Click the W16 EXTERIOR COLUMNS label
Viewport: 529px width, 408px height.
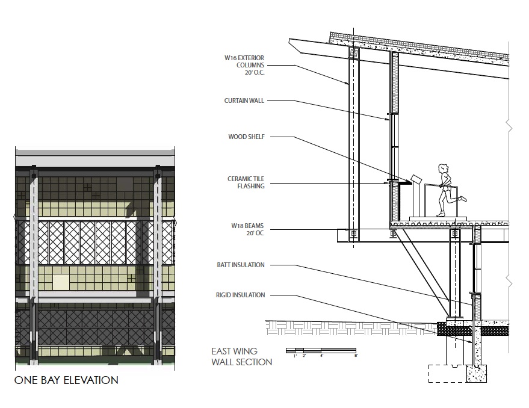pyautogui.click(x=244, y=65)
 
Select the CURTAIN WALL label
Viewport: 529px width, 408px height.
pyautogui.click(x=244, y=100)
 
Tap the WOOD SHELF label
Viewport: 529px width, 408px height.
pyautogui.click(x=246, y=137)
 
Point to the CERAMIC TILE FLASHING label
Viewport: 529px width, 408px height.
pyautogui.click(x=246, y=182)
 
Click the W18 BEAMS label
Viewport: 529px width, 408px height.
pyautogui.click(x=247, y=229)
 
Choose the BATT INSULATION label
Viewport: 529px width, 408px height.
pyautogui.click(x=241, y=265)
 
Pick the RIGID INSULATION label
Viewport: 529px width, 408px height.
pyautogui.click(x=241, y=295)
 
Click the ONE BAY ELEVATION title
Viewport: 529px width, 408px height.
pyautogui.click(x=66, y=380)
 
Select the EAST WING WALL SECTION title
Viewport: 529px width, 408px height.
pyautogui.click(x=241, y=357)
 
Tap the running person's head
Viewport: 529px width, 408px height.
pyautogui.click(x=444, y=168)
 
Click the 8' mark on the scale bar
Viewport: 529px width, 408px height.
pyautogui.click(x=356, y=356)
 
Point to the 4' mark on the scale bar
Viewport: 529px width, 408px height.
pyautogui.click(x=321, y=356)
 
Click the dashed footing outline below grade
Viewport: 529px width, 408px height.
pyautogui.click(x=448, y=373)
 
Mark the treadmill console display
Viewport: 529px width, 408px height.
pyautogui.click(x=415, y=179)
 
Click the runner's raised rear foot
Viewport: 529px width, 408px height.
pyautogui.click(x=463, y=199)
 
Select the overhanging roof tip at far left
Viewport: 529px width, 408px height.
pyautogui.click(x=290, y=40)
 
